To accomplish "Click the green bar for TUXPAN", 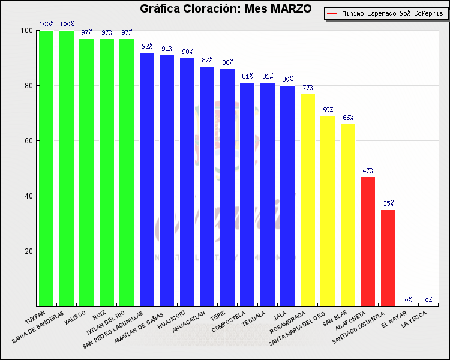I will pyautogui.click(x=46, y=168).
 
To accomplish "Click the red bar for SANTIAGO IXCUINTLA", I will pyautogui.click(x=388, y=258).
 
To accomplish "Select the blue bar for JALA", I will pyautogui.click(x=287, y=196).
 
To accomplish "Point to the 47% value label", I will pyautogui.click(x=368, y=171).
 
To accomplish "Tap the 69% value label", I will pyautogui.click(x=328, y=110).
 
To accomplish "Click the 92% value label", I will pyautogui.click(x=147, y=46).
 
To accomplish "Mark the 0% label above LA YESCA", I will pyautogui.click(x=428, y=300).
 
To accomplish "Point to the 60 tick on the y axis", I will pyautogui.click(x=28, y=141).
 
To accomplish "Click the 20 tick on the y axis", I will pyautogui.click(x=28, y=251).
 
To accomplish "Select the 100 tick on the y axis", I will pyautogui.click(x=26, y=31).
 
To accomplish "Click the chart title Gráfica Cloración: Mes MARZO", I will pyautogui.click(x=226, y=9).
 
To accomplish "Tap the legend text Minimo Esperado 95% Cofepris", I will pyautogui.click(x=390, y=13).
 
